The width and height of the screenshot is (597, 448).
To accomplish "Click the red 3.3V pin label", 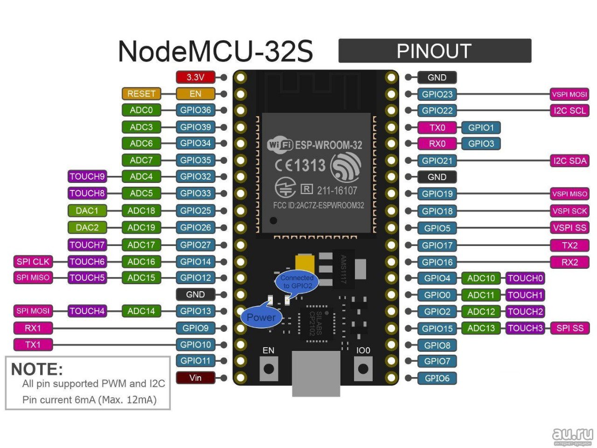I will (x=195, y=77).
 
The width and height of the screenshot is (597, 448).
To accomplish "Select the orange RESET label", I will (x=141, y=94).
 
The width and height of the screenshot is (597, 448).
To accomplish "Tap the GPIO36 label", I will (x=195, y=110).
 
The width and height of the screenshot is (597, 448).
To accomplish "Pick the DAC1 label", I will (x=87, y=210).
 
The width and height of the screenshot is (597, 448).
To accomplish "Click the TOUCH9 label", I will (x=87, y=176).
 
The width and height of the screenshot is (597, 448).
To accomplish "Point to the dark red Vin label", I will (x=195, y=378).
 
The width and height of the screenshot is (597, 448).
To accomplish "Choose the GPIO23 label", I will (x=437, y=94).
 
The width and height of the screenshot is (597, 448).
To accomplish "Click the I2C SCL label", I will (x=569, y=111).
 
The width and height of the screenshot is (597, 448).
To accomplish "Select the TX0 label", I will (x=437, y=127).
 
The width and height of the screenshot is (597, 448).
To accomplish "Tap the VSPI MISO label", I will (x=569, y=194).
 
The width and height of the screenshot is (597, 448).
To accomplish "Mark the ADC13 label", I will (x=481, y=328).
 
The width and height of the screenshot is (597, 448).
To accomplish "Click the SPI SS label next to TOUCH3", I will (x=569, y=328).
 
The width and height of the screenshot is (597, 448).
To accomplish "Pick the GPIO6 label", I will (x=437, y=378).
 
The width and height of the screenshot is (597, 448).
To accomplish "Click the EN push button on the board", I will (x=269, y=369).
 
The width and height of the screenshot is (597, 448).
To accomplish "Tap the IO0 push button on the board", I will (x=363, y=369).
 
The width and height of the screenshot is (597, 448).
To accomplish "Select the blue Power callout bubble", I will (x=261, y=317).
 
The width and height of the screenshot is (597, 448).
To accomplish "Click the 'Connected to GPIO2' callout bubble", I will (x=297, y=281).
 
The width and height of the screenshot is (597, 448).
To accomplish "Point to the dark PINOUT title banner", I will (x=434, y=51).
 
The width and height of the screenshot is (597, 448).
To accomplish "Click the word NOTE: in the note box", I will (x=37, y=369).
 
